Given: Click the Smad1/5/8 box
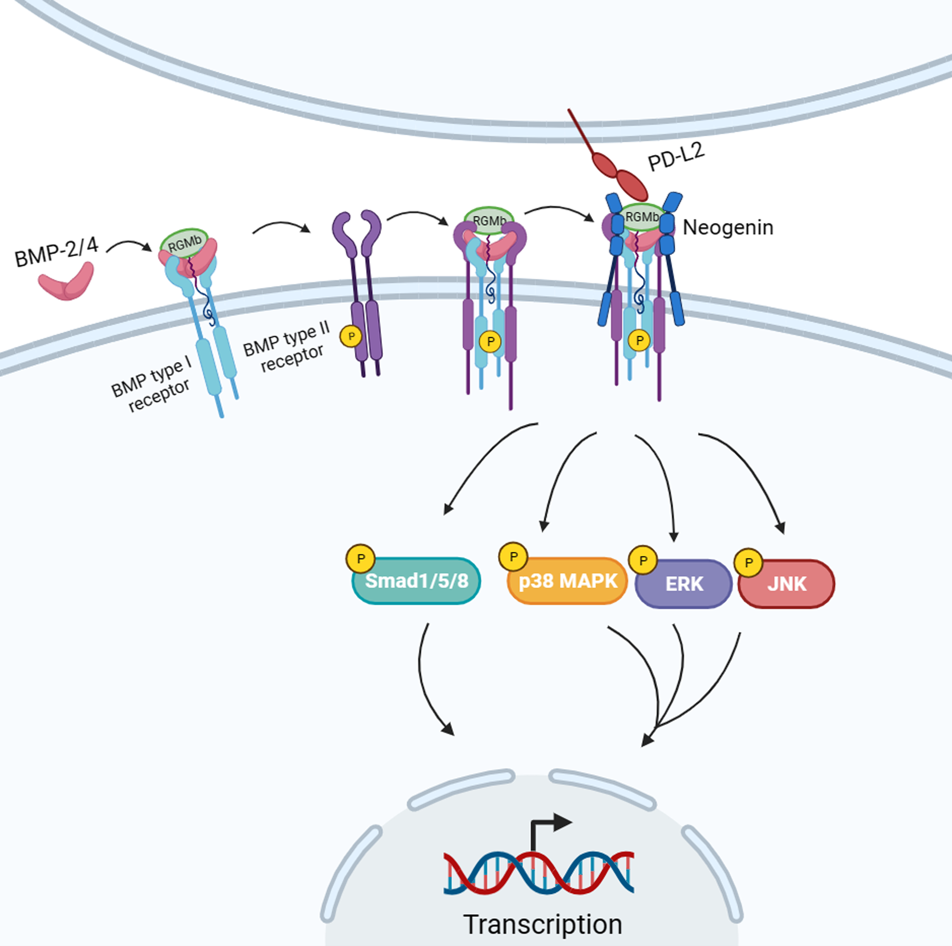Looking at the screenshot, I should pos(417,581).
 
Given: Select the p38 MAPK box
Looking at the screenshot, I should pos(568,581).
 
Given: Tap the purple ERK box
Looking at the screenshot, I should pos(684,584).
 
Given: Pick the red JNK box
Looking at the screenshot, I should pos(787,584).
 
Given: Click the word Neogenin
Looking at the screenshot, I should pos(728,228).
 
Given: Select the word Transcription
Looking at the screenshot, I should pos(542,924).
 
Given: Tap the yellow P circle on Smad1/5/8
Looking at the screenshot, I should pos(361,559).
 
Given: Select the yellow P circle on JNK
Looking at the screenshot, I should pos(748,562).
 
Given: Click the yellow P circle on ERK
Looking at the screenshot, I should pos(643,560).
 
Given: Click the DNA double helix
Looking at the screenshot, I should pos(539,873).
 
